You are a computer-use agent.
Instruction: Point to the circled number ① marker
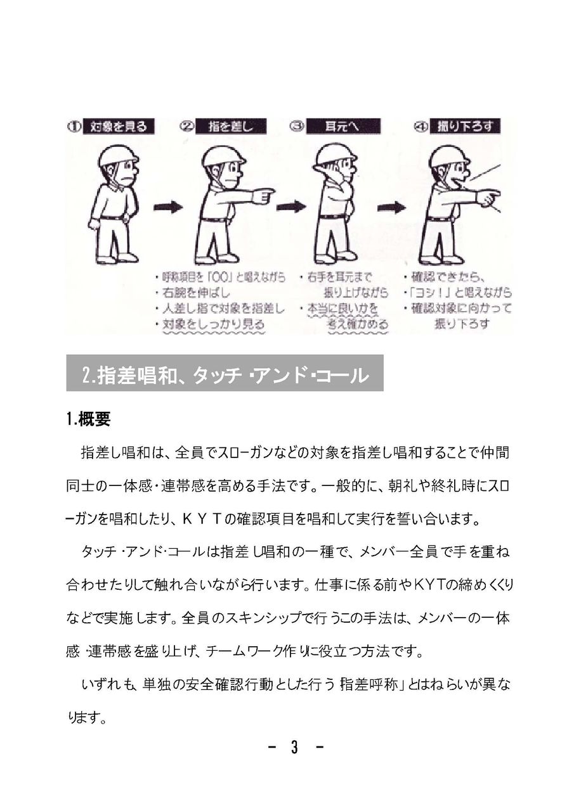pyautogui.click(x=74, y=127)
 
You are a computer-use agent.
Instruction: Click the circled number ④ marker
pyautogui.click(x=421, y=127)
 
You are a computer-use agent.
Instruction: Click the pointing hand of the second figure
pyautogui.click(x=263, y=195)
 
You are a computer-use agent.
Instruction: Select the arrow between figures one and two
pyautogui.click(x=167, y=207)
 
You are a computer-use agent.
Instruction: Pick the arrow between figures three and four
pyautogui.click(x=391, y=207)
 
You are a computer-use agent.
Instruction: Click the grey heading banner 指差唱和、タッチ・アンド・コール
pyautogui.click(x=225, y=374)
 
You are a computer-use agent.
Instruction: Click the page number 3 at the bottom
pyautogui.click(x=294, y=748)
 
